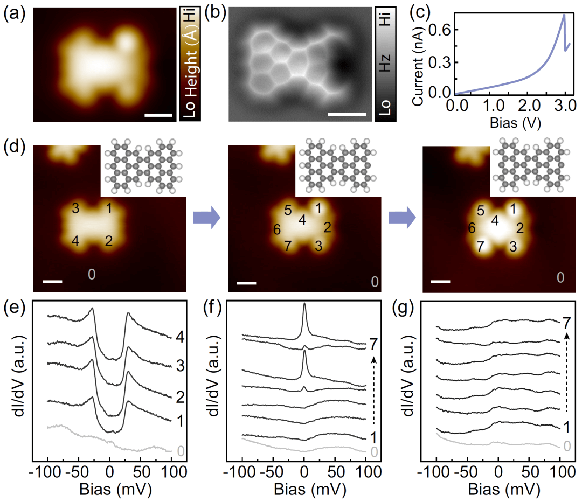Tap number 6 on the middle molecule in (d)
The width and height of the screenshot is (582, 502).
pyautogui.click(x=276, y=230)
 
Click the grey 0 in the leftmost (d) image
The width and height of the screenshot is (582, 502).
pyautogui.click(x=92, y=275)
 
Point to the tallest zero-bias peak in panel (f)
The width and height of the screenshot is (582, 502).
pyautogui.click(x=304, y=304)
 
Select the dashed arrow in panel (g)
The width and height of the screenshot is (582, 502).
pyautogui.click(x=567, y=372)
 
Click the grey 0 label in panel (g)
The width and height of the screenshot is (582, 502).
pyautogui.click(x=566, y=445)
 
